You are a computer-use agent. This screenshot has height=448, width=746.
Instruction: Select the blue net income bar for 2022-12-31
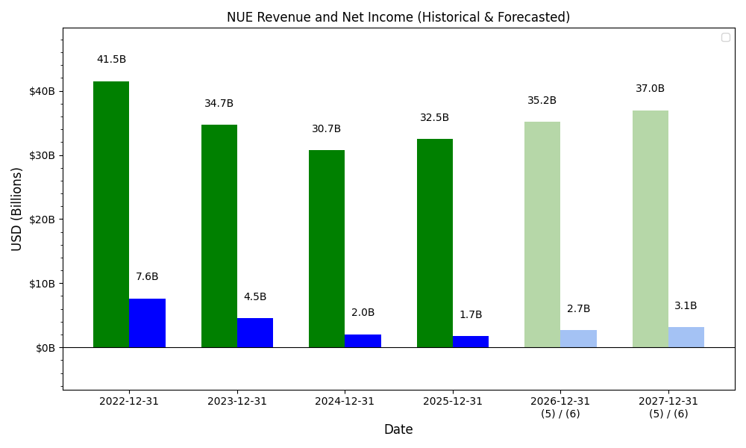tap(147, 323)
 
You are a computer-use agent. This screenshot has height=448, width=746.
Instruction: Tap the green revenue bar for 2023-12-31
tap(219, 236)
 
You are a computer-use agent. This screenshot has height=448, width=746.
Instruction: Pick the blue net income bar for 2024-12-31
tap(363, 340)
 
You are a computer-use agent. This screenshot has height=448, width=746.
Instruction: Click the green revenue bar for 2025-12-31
tap(435, 243)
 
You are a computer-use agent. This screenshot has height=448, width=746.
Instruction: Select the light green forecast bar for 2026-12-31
tap(542, 234)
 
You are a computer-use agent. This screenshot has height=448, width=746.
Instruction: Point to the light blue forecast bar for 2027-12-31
tap(686, 337)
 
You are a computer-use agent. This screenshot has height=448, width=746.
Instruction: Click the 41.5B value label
tap(111, 60)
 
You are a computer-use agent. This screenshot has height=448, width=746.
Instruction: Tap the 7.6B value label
tap(147, 277)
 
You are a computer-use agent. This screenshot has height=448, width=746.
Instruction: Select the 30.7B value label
tap(327, 129)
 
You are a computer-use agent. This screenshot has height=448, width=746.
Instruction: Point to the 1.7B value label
tap(471, 315)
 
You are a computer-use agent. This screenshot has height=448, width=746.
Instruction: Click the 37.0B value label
tap(651, 89)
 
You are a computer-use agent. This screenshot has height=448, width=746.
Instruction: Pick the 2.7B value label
tap(579, 309)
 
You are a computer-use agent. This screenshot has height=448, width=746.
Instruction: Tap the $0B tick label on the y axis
tap(45, 348)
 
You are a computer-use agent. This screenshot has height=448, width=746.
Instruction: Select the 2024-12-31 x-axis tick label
tap(345, 402)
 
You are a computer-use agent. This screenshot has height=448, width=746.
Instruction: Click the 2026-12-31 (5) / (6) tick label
tap(560, 407)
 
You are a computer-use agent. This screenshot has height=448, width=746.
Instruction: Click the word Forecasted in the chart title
tap(531, 17)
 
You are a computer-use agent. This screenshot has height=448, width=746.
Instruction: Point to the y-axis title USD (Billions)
tap(17, 209)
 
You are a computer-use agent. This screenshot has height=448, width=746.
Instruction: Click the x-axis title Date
tap(398, 429)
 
